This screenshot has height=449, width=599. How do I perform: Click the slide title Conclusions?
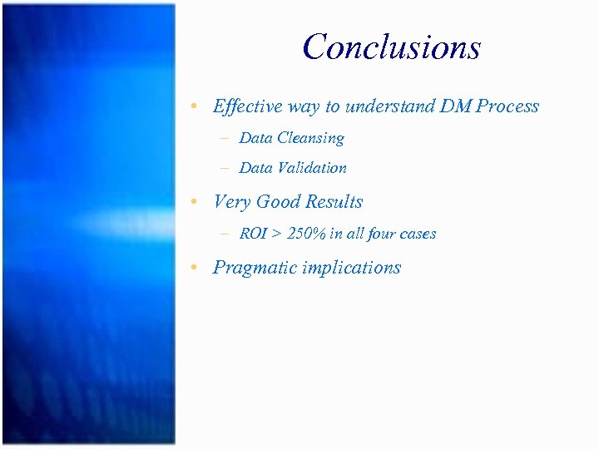(392, 47)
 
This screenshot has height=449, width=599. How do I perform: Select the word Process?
(507, 106)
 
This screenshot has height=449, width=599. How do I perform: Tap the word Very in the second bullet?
(232, 202)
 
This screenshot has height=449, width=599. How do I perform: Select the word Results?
(335, 202)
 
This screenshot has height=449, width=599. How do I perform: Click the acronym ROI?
(253, 234)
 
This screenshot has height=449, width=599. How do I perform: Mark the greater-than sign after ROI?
(276, 234)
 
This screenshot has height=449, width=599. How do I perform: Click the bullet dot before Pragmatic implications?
(193, 269)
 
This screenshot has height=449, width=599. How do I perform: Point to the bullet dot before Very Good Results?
(193, 203)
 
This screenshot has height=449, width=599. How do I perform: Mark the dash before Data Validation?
(225, 168)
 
